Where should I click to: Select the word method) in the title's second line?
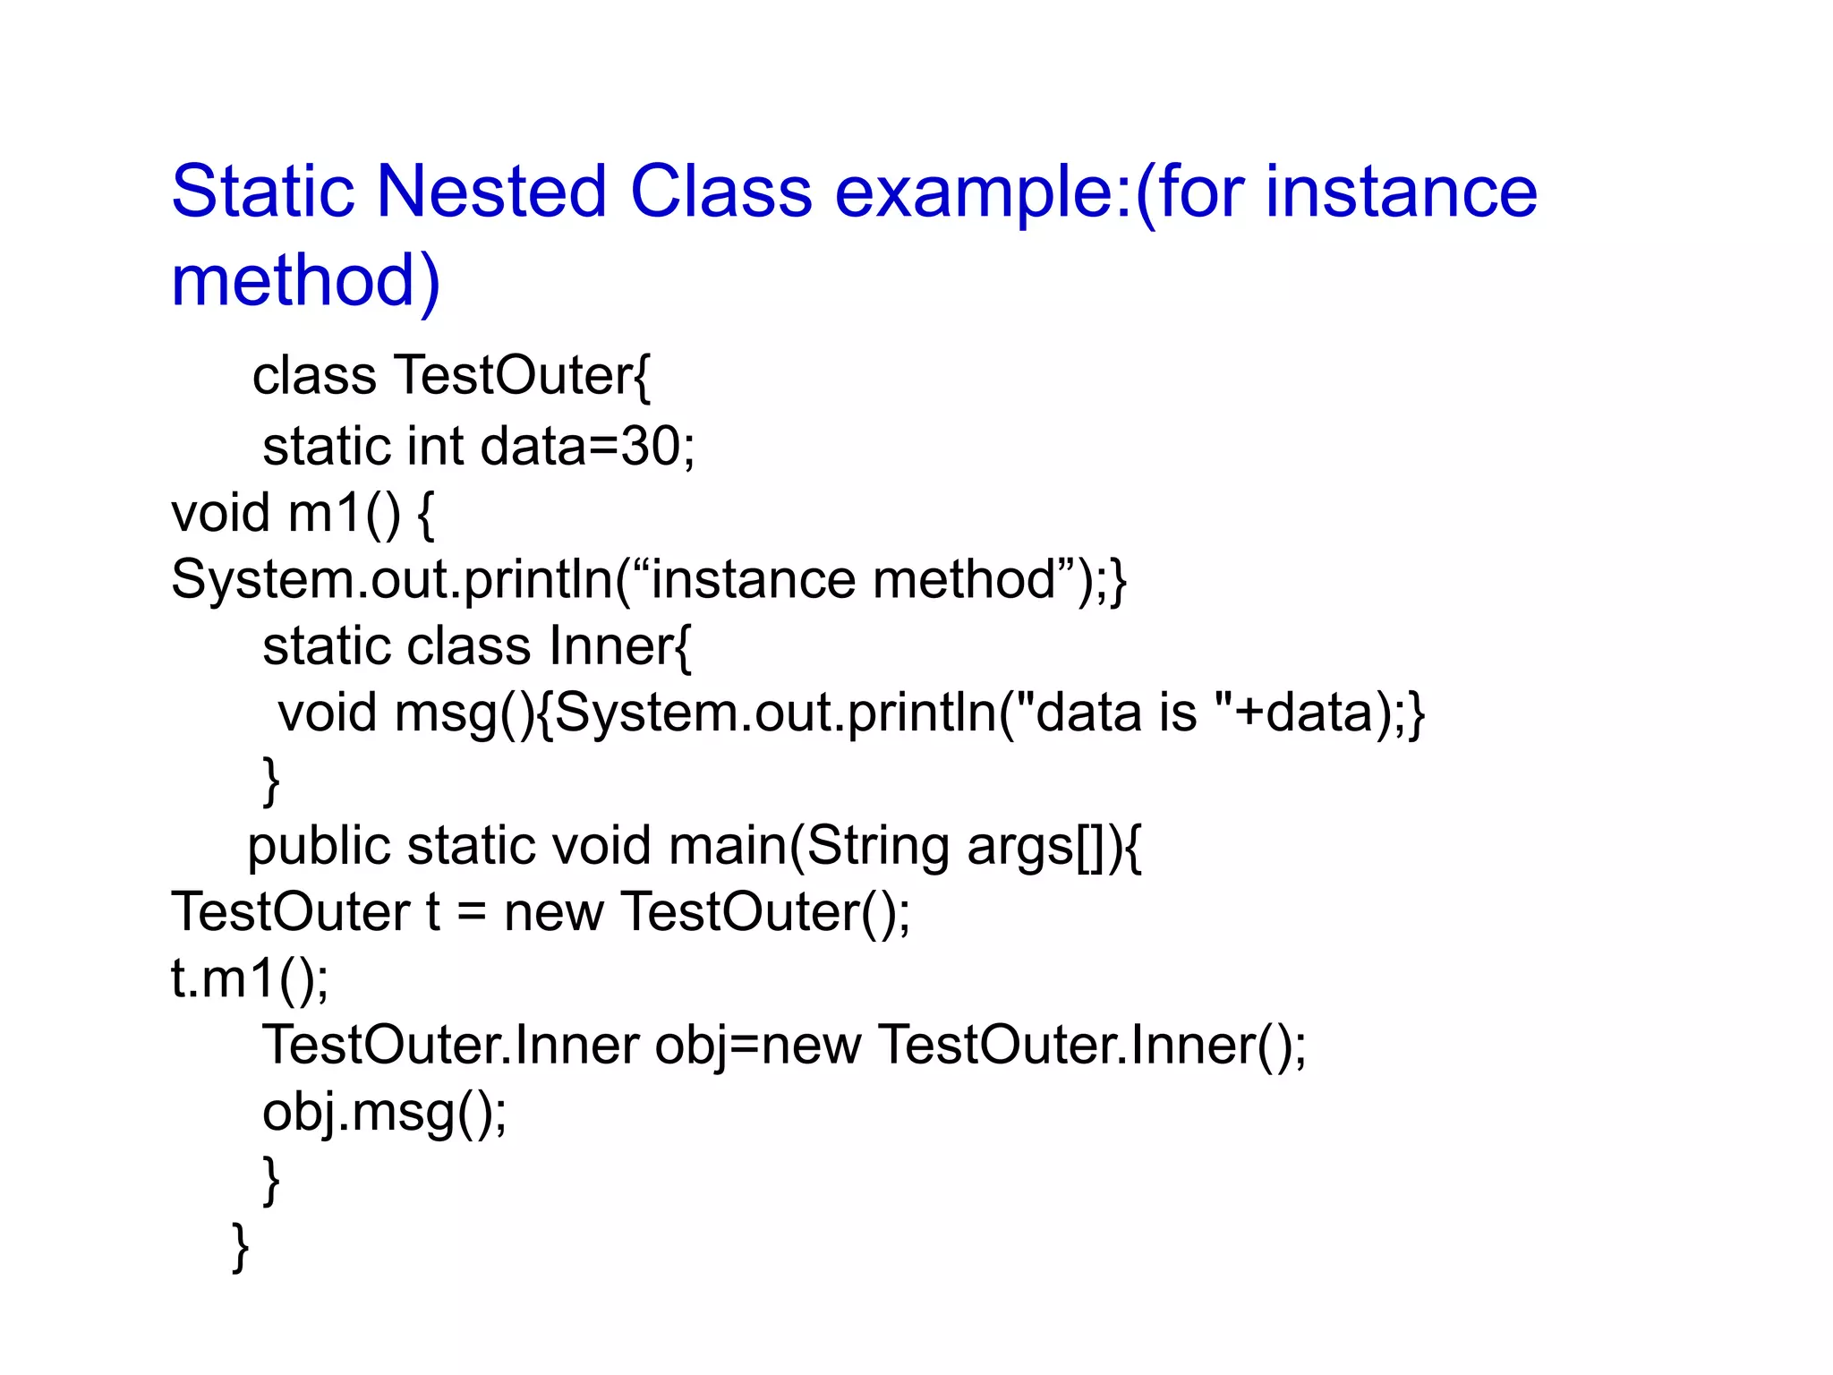(305, 280)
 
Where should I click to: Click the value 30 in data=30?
(650, 446)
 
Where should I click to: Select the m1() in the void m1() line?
(345, 514)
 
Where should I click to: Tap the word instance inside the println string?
(753, 579)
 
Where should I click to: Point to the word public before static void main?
(320, 847)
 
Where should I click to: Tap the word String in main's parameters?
(878, 847)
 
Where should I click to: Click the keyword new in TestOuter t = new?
(553, 912)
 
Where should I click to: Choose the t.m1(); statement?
(250, 978)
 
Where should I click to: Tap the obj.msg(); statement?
(384, 1113)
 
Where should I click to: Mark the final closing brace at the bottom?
(240, 1246)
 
